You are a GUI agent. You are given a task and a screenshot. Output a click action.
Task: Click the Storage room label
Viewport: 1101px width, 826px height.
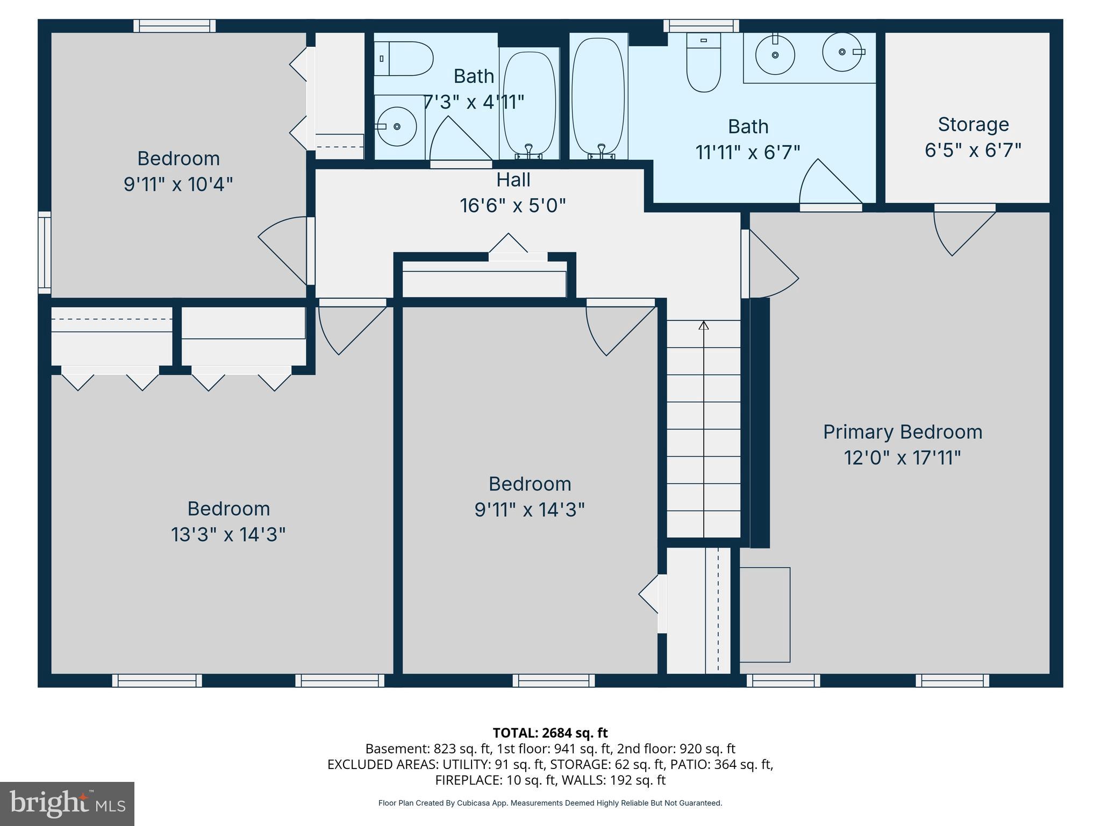(x=973, y=125)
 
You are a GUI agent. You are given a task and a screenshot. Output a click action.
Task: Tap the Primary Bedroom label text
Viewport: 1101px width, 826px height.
(x=902, y=432)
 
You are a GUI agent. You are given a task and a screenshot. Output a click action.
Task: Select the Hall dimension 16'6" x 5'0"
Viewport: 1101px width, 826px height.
(x=513, y=205)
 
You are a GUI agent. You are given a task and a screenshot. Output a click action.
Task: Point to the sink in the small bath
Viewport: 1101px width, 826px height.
(x=396, y=126)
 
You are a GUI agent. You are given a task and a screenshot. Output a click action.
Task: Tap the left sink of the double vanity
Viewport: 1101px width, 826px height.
(x=775, y=55)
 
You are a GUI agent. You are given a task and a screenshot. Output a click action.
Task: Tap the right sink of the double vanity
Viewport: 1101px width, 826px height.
(x=842, y=52)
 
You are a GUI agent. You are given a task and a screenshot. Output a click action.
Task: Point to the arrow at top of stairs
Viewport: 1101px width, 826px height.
(x=704, y=325)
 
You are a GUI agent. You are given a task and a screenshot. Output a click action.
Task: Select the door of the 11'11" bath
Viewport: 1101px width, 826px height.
(x=828, y=183)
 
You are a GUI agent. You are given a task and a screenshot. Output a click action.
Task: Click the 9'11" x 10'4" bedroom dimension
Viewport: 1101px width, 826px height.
(x=178, y=184)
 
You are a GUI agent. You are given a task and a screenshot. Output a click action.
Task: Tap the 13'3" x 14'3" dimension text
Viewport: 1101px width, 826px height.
(x=228, y=535)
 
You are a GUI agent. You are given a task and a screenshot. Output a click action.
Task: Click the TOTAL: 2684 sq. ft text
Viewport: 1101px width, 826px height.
(x=550, y=733)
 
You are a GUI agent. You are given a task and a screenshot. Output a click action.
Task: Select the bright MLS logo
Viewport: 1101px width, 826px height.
(x=67, y=803)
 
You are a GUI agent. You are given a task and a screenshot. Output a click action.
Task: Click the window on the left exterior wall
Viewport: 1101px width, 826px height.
(x=45, y=253)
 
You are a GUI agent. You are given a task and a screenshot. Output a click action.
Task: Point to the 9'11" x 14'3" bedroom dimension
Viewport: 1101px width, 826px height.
(x=529, y=509)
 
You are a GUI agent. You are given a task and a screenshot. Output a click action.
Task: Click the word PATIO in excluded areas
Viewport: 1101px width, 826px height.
(x=696, y=764)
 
